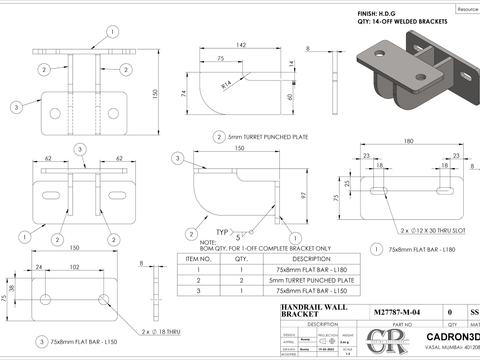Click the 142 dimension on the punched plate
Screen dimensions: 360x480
tap(241, 45)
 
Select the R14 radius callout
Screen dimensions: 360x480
tap(227, 85)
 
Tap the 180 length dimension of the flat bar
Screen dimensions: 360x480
tap(409, 141)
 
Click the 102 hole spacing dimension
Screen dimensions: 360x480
tap(74, 267)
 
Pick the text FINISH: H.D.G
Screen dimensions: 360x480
tap(376, 13)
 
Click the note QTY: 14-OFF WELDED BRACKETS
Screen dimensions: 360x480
tap(402, 22)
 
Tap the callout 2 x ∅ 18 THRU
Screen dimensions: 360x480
tap(161, 332)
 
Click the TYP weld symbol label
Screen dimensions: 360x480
tap(222, 232)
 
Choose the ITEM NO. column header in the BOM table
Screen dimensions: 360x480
tap(199, 259)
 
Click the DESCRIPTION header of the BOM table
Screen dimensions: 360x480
tap(312, 259)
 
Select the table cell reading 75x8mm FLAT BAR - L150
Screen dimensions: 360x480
tap(312, 290)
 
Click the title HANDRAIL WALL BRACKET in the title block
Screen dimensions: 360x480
tap(314, 311)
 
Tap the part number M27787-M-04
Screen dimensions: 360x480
tap(396, 312)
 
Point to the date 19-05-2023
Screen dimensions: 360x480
tap(328, 349)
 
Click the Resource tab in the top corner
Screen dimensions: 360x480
tap(467, 9)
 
